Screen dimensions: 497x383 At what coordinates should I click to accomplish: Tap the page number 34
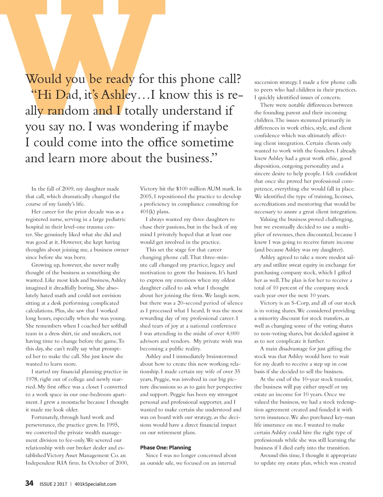click(29, 483)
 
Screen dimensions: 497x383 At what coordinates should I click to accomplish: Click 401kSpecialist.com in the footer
click(95, 484)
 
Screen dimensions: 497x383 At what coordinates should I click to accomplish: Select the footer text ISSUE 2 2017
click(53, 484)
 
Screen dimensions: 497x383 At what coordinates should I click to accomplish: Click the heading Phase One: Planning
click(165, 447)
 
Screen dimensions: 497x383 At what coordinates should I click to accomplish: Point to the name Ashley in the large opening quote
click(119, 95)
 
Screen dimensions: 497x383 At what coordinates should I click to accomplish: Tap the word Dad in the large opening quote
click(67, 95)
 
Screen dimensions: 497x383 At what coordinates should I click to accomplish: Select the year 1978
click(32, 379)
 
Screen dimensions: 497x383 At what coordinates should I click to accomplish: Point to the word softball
click(117, 326)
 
